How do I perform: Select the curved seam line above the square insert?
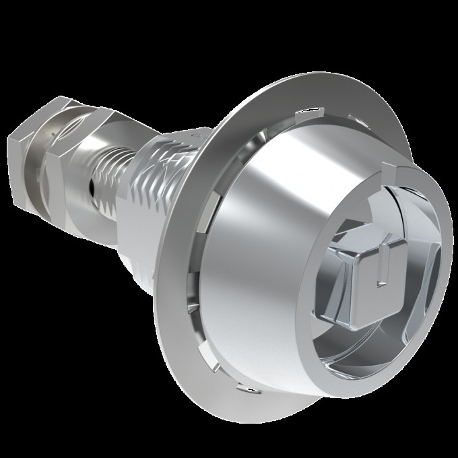[x=377, y=202]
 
